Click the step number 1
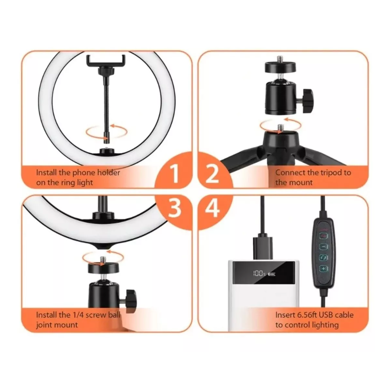click(174, 173)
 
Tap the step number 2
click(212, 173)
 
